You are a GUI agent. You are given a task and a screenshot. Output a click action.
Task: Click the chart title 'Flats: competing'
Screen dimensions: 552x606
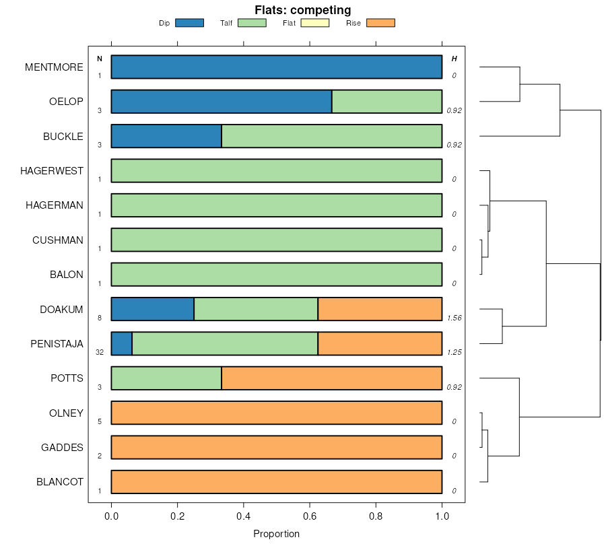click(302, 9)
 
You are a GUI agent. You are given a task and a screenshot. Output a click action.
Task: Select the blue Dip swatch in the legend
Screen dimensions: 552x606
click(189, 23)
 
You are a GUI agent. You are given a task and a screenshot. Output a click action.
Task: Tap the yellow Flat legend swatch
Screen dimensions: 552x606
click(314, 23)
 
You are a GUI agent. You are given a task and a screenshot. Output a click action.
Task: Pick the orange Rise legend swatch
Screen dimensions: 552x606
click(380, 23)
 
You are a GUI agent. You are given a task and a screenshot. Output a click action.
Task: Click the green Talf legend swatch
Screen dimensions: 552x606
click(252, 23)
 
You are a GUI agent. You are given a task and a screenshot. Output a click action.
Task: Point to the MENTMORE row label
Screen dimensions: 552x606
click(54, 67)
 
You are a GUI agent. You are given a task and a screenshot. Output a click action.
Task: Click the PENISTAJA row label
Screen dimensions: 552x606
click(57, 344)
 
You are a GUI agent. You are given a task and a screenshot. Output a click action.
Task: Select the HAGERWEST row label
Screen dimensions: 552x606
click(52, 171)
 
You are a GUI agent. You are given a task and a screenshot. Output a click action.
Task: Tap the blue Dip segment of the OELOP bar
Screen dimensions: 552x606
click(221, 102)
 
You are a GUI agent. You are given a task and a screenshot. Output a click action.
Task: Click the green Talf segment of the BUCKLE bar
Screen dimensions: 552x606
click(331, 136)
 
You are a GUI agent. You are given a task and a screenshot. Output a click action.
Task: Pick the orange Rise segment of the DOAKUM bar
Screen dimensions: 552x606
click(380, 309)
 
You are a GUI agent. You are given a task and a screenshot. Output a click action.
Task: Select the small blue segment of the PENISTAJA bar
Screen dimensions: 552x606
click(122, 343)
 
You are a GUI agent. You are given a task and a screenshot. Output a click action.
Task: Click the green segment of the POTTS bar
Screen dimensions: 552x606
click(166, 378)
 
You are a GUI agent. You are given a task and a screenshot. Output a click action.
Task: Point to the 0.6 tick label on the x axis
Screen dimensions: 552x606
click(310, 516)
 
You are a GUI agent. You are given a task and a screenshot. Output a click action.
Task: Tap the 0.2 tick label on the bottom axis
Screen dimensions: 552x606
click(177, 516)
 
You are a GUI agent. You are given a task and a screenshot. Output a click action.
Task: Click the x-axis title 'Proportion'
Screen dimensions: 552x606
click(276, 534)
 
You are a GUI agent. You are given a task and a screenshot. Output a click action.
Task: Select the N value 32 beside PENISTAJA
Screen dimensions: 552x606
click(100, 352)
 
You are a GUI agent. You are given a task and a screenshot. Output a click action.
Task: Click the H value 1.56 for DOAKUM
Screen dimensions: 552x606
click(454, 318)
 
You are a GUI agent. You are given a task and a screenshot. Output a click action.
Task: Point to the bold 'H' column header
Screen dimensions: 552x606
click(454, 59)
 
